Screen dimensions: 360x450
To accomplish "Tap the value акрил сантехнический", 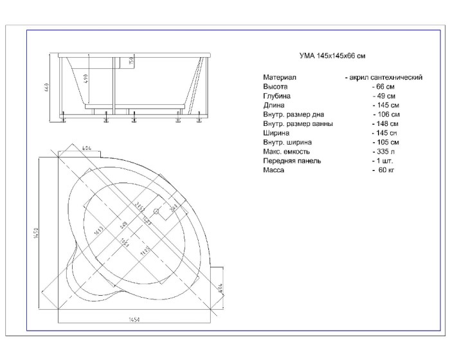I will click(x=383, y=77).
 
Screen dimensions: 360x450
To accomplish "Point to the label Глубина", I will click(x=276, y=96).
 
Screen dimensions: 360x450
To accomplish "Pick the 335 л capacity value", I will click(x=384, y=152).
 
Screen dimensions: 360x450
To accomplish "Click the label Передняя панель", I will click(x=291, y=161).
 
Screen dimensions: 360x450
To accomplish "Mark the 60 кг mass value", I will click(x=384, y=170).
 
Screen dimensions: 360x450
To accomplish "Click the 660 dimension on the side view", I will click(x=47, y=87).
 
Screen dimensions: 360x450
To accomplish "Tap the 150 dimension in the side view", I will click(x=131, y=62).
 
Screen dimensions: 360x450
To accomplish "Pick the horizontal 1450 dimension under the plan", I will click(x=134, y=319).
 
